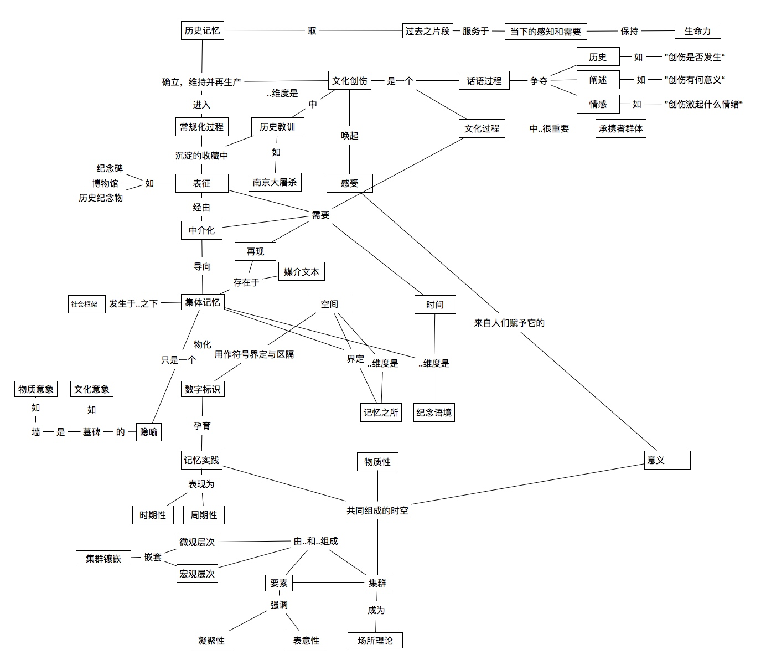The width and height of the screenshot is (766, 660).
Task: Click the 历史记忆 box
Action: (202, 30)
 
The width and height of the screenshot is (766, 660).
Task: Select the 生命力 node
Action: (697, 31)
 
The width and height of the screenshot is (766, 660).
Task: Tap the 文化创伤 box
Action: (349, 81)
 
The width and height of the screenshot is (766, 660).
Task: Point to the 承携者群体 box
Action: (620, 128)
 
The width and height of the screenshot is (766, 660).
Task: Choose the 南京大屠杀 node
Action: (275, 182)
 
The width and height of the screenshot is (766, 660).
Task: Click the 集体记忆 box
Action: (202, 302)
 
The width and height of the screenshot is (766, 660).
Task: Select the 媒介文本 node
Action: (301, 272)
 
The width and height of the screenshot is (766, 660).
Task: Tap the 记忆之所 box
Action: (381, 412)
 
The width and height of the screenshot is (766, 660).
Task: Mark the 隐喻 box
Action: (148, 432)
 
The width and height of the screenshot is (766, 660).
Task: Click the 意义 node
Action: (667, 460)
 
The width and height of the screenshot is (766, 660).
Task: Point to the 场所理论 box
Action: (375, 641)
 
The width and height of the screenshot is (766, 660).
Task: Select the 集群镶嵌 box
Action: (103, 559)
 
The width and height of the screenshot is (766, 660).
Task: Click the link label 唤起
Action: (349, 136)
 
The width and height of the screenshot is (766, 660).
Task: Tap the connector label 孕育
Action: (202, 426)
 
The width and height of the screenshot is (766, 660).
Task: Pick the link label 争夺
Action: (539, 81)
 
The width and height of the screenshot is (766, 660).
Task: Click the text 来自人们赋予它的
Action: (509, 323)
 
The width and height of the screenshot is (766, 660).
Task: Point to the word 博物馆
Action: (105, 183)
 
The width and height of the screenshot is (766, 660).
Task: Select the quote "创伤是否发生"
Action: (695, 57)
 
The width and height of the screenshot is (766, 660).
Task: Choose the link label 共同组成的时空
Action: (377, 511)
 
